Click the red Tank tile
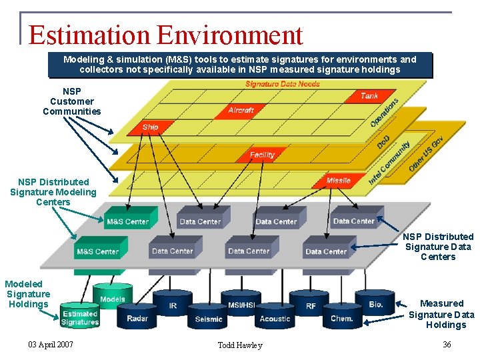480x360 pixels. point(369,97)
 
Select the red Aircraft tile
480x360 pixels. point(241,110)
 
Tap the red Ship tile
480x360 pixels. point(151,127)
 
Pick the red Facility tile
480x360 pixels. point(262,155)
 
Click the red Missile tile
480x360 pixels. point(339,181)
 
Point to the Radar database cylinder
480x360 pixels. point(137,315)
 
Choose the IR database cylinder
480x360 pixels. point(173,303)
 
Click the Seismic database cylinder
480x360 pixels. point(208,317)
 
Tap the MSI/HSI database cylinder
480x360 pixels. point(241,303)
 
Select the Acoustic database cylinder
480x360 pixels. point(275,317)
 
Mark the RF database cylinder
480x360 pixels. point(311,304)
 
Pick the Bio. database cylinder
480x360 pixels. point(375,303)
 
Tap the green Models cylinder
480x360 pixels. point(113,297)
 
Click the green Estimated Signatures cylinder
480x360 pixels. point(80,317)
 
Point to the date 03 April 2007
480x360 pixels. point(51,344)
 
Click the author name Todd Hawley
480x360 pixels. point(240,345)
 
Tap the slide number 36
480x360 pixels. point(447,344)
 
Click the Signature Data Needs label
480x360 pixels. point(283,84)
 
